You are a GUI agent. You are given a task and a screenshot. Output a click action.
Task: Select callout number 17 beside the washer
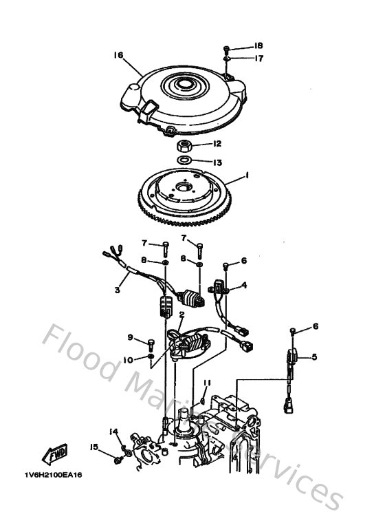[258, 58]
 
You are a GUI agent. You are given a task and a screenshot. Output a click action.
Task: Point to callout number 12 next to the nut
[217, 144]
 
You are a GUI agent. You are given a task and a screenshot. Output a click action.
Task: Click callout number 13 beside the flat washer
[217, 162]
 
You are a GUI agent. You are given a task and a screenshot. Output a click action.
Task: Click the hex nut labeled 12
[184, 146]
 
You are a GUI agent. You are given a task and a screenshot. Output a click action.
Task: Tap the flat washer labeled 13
[184, 162]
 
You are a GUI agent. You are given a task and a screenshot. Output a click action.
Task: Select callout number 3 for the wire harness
[117, 291]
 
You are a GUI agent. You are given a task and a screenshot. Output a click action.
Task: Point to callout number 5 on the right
[314, 356]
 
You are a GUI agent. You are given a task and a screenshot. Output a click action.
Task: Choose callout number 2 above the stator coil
[180, 315]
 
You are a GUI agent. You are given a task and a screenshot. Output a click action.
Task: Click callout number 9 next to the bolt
[130, 337]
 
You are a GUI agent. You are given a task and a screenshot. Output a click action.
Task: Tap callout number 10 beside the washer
[128, 359]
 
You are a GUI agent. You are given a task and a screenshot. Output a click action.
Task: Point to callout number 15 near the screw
[93, 447]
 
